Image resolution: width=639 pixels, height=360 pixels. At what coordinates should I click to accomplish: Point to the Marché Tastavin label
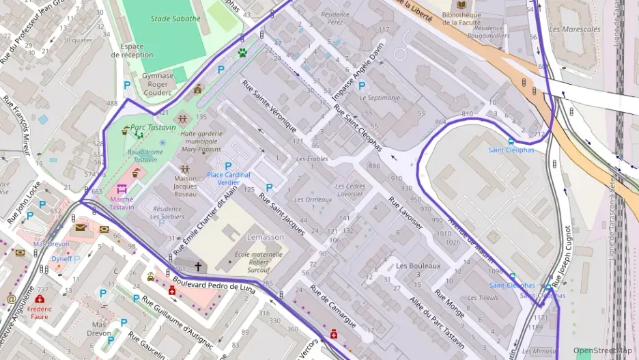(122, 202)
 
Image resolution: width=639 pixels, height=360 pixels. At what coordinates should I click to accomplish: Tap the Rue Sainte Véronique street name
(269, 106)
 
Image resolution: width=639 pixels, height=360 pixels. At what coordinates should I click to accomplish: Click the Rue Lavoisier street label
(406, 214)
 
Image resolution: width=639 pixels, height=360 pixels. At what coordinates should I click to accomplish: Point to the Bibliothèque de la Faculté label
(470, 19)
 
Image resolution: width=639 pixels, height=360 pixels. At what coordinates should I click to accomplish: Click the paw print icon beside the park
(242, 52)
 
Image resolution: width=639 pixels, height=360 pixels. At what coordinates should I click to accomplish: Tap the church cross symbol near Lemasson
(199, 266)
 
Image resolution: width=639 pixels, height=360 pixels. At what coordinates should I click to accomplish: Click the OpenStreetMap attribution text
(603, 350)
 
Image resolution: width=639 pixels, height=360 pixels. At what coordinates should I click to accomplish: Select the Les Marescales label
(574, 29)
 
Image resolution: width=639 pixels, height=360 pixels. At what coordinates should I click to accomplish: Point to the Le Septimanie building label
(380, 98)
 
